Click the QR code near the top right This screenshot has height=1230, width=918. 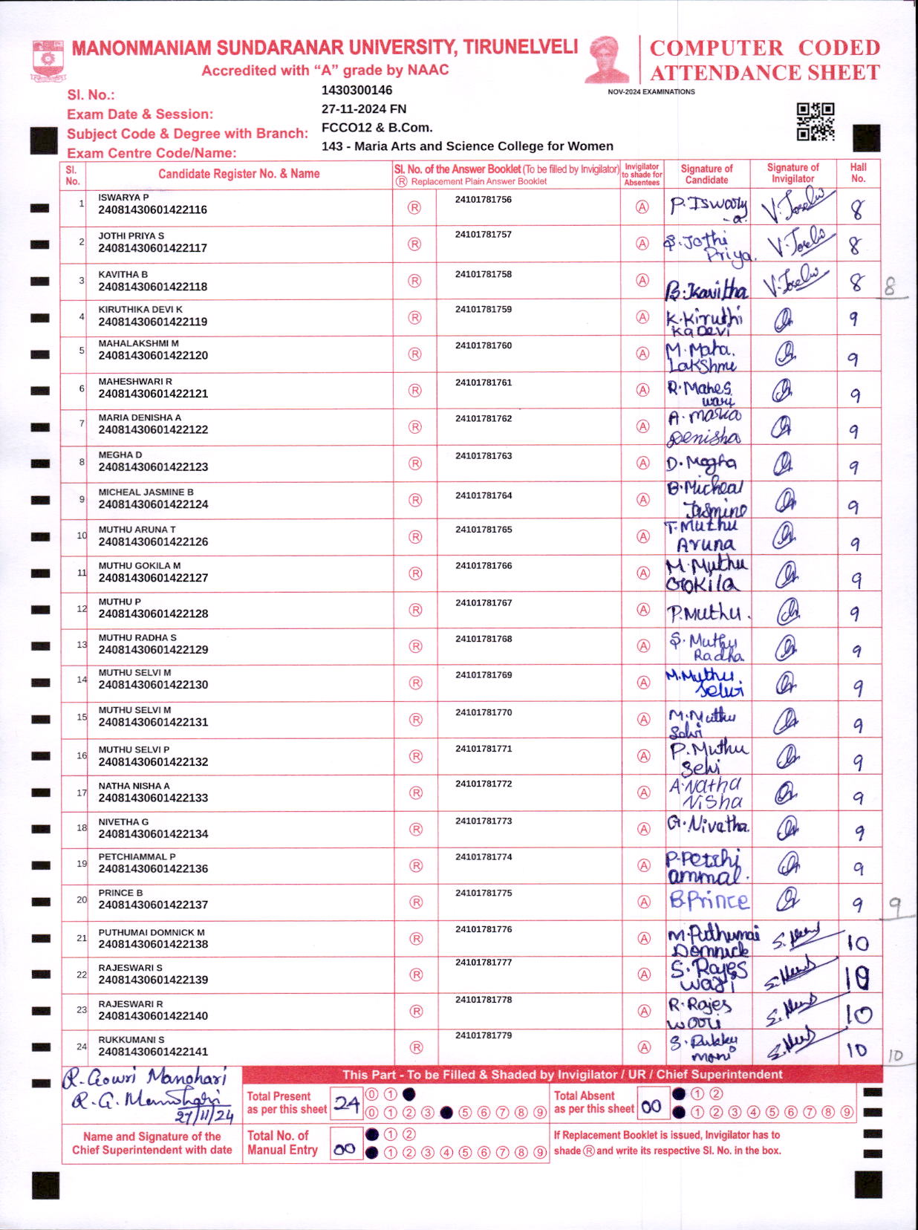pyautogui.click(x=815, y=122)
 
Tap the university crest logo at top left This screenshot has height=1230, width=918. pyautogui.click(x=48, y=60)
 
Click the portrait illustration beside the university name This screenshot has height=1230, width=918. pyautogui.click(x=608, y=59)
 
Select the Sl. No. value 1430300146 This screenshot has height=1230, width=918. pyautogui.click(x=357, y=91)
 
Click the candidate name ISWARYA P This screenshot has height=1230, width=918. pyautogui.click(x=123, y=198)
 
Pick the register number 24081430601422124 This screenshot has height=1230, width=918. pyautogui.click(x=153, y=504)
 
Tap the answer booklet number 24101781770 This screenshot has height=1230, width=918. pyautogui.click(x=484, y=712)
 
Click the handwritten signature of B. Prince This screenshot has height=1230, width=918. pyautogui.click(x=709, y=901)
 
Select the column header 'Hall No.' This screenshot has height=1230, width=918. pyautogui.click(x=858, y=173)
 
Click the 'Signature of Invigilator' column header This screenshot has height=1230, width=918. pyautogui.click(x=792, y=173)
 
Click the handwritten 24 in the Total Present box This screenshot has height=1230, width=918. pyautogui.click(x=346, y=1104)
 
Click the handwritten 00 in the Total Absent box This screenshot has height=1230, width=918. pyautogui.click(x=651, y=1106)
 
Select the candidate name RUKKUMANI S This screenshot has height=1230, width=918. pyautogui.click(x=131, y=1040)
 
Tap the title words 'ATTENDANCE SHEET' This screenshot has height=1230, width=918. pyautogui.click(x=765, y=73)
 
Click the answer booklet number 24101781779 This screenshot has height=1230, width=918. pyautogui.click(x=484, y=1035)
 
